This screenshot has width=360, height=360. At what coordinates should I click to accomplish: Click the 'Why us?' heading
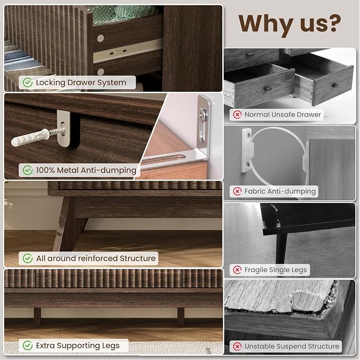(x=289, y=23)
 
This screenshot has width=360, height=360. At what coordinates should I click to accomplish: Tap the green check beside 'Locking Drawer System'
(x=28, y=82)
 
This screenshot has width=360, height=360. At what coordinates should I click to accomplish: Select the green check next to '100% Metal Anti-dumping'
(x=28, y=170)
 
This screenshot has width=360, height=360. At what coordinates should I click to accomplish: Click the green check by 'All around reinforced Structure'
(x=28, y=258)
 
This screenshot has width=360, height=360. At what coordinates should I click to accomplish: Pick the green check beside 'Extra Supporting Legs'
(x=28, y=346)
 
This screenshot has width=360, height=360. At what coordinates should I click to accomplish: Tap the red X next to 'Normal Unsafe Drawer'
(x=237, y=115)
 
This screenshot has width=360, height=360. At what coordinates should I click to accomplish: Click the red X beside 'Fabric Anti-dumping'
(x=237, y=191)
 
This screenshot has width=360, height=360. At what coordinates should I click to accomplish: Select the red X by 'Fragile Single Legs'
(x=237, y=270)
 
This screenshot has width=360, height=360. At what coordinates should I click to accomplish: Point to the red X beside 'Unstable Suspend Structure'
(x=237, y=346)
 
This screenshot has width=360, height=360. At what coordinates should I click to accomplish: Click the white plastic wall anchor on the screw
(x=30, y=137)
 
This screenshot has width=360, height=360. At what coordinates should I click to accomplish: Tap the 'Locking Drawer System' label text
(x=81, y=82)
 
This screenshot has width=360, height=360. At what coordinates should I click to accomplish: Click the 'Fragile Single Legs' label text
(x=276, y=270)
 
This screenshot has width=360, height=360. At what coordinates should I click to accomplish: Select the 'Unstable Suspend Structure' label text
(x=292, y=346)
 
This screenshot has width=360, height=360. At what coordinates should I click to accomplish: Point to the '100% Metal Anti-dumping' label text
(x=86, y=170)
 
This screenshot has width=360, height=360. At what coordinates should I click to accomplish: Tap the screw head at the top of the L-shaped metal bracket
(x=203, y=113)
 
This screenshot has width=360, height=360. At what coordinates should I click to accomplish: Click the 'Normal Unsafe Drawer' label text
(x=283, y=115)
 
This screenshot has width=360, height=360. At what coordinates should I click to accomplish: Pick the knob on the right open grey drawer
(x=336, y=85)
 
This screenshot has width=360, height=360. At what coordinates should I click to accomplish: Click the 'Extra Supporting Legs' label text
(x=77, y=346)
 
